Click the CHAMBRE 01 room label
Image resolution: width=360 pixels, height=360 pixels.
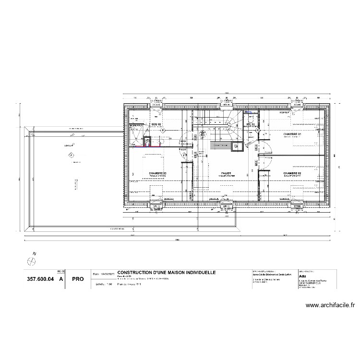coord(292,134)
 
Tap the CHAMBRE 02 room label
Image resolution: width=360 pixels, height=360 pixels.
coord(292,173)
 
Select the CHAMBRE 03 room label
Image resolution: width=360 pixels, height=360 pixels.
coord(157,173)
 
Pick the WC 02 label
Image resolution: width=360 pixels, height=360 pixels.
coord(250,124)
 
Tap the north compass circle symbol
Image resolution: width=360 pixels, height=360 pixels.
coord(32,261)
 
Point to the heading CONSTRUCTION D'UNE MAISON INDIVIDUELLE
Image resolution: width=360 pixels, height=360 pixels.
coord(167,272)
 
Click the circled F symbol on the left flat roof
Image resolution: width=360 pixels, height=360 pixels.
coord(72,155)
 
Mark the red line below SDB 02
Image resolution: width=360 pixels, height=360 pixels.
coord(143,146)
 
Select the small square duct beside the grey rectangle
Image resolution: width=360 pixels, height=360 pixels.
coord(236,147)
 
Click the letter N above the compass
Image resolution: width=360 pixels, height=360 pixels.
coord(35,253)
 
